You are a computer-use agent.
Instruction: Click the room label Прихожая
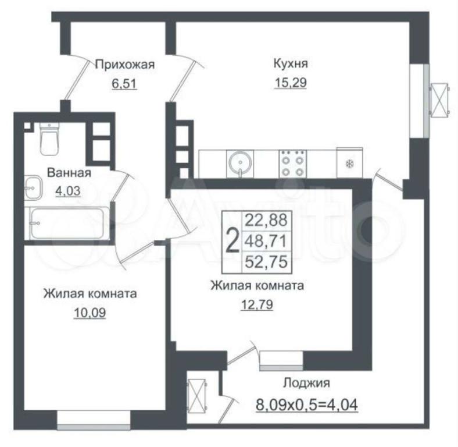coord(125,65)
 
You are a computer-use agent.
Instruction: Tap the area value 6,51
coord(124,84)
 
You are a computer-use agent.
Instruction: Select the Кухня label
coord(291,63)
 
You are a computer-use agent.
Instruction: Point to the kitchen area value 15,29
coord(291,83)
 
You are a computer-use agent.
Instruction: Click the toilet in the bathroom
coord(49,139)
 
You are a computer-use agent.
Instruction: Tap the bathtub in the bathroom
coord(67,223)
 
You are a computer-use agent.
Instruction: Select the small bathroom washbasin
coord(33,187)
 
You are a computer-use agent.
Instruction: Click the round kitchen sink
coord(240,163)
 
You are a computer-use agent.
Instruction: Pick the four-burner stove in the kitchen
coord(293,164)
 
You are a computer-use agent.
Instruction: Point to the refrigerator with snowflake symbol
coord(350,162)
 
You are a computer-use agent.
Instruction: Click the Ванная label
coord(69,173)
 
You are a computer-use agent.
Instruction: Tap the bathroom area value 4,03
coord(68,191)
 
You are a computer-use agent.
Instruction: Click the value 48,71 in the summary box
coord(266,242)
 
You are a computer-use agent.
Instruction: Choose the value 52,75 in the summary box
coord(266,261)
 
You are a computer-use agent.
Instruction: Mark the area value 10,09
coord(90,313)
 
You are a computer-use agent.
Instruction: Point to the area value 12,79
coord(257,304)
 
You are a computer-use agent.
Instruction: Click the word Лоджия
coord(306,382)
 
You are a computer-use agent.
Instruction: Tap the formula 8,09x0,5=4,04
coord(307,405)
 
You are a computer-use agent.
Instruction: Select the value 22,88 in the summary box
coord(266,220)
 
